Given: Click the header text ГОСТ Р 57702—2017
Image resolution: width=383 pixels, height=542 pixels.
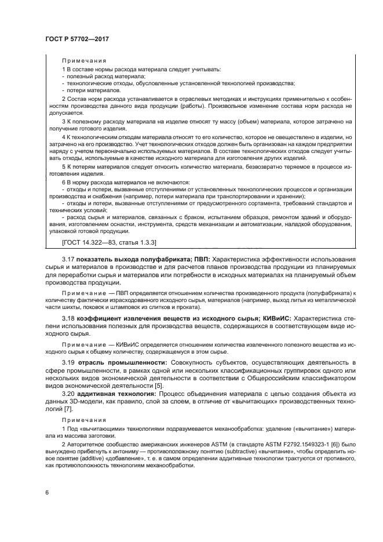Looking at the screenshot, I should click(x=77, y=39).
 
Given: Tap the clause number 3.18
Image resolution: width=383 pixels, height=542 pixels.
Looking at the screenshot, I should click(x=71, y=319).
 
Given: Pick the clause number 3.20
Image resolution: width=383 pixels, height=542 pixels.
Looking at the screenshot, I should click(x=71, y=394).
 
